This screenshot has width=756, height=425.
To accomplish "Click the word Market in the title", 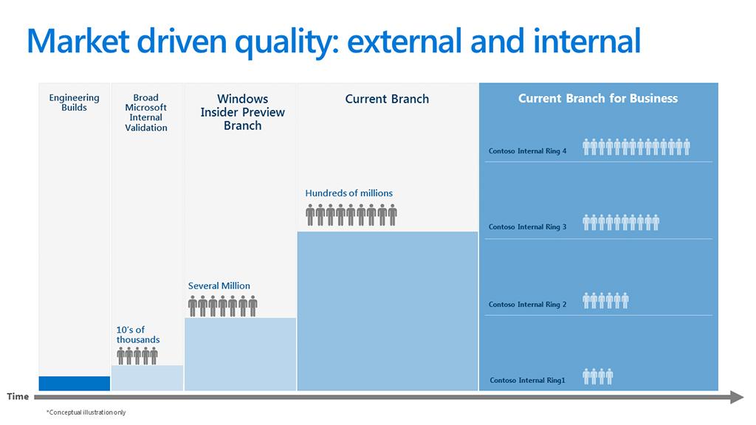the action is [78, 41].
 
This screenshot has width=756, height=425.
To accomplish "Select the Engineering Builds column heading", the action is [75, 103].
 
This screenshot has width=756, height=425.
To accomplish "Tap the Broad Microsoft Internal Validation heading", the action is [146, 112].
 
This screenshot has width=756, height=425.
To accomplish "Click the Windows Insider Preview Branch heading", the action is [242, 112].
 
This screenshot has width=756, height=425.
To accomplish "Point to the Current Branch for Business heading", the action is [598, 98].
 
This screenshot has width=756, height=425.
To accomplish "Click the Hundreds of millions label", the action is [348, 193].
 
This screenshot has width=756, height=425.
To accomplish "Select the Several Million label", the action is [219, 286].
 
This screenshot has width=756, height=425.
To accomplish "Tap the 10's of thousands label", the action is [138, 334].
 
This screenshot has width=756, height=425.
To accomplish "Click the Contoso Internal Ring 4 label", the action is [527, 151].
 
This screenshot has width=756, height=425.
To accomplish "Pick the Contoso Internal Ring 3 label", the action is [527, 227].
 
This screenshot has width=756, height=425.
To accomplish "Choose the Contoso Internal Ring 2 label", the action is [527, 304].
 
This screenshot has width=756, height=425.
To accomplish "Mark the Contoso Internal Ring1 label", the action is [527, 380].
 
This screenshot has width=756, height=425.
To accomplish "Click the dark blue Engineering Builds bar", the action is [75, 384].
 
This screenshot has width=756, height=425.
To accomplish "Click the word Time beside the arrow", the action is [18, 396].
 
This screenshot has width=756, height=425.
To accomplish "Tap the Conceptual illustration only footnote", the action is [86, 412].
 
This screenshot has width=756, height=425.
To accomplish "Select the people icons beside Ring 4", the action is [636, 147].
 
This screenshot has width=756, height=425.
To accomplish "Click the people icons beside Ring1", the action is [598, 376].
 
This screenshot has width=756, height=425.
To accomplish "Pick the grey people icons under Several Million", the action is [223, 307].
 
